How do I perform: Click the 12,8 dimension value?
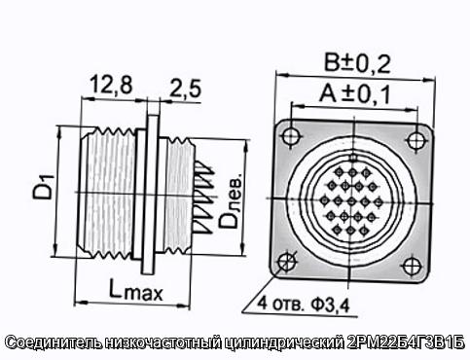coord(111,85)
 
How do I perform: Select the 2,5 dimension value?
coord(185,89)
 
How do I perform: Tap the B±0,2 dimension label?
coord(357,63)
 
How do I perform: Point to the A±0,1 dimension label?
coord(354,94)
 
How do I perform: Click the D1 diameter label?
coord(44,187)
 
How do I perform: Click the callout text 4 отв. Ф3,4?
coord(304,304)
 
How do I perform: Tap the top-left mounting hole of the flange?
coord(290,135)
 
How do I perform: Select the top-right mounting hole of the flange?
coord(415,140)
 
